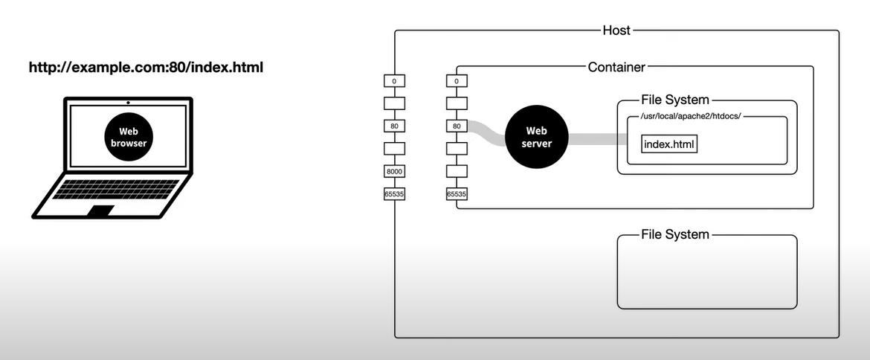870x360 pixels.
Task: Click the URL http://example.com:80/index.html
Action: point(146,68)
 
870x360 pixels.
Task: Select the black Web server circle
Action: point(537,137)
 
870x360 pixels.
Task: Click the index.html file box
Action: point(669,143)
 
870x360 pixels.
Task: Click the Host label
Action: point(616,30)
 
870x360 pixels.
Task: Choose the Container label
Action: point(616,67)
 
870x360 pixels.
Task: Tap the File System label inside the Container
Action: point(674,100)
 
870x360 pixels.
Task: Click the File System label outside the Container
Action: point(674,235)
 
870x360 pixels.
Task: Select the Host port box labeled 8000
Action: point(394,171)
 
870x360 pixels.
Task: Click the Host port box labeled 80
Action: point(394,126)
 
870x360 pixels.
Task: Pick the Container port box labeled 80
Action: point(457,126)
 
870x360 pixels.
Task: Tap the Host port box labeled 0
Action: point(394,81)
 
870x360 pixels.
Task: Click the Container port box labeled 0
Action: point(457,81)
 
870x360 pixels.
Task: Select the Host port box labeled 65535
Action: point(394,194)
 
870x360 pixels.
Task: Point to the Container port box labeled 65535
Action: point(457,194)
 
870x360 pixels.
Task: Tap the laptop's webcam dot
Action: point(128,102)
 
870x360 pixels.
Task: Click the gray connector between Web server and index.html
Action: point(595,138)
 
